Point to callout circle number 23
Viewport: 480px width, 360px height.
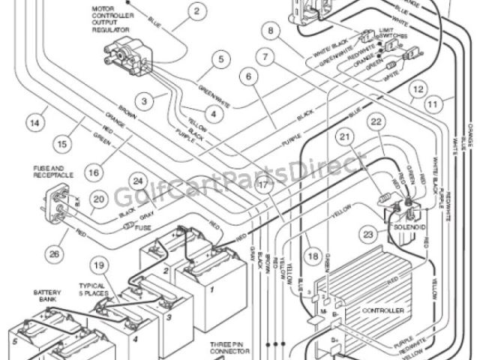click(369, 234)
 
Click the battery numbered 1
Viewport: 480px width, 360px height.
click(211, 288)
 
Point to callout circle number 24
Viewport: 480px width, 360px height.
click(138, 180)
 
